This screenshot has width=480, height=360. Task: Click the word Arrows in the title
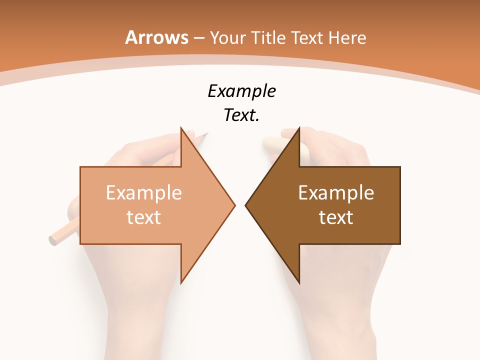pos(157,37)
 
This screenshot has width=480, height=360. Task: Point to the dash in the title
pos(199,38)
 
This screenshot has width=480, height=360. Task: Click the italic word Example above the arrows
pos(241,91)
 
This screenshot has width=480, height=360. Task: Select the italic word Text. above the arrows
pos(241,115)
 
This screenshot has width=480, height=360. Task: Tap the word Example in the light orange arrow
pos(144,192)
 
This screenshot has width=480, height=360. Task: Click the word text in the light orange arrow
pos(144,217)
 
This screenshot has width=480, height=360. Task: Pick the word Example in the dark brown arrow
pos(336,192)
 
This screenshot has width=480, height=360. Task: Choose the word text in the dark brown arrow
pos(336,217)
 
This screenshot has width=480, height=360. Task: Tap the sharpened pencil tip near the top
pos(205,133)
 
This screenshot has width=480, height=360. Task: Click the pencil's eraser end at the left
pos(52,239)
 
